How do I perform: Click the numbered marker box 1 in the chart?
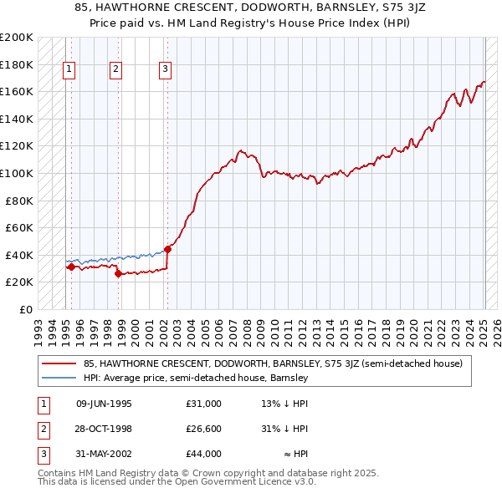click(x=68, y=70)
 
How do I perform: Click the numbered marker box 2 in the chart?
click(x=116, y=70)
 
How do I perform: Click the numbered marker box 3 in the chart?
click(x=166, y=70)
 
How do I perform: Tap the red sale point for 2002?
click(x=168, y=248)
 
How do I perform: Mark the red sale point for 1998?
click(x=118, y=273)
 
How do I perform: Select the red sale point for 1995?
click(x=71, y=267)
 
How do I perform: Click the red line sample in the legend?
click(x=59, y=363)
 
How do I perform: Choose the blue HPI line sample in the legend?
click(x=59, y=378)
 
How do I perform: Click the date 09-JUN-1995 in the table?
click(x=104, y=404)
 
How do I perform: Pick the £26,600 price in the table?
click(x=204, y=429)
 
